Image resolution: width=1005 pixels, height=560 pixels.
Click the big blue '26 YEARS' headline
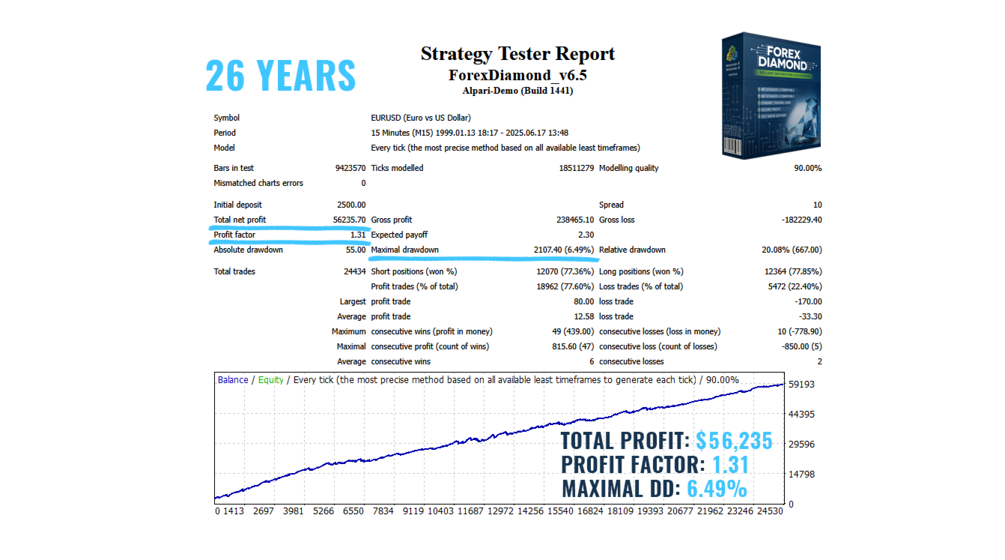280,75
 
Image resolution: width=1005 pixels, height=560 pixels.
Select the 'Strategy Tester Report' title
517,54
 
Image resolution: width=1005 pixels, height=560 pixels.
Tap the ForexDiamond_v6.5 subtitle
517,76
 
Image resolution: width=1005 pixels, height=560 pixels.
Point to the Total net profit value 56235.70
349,220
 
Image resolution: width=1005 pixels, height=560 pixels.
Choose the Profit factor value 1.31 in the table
357,235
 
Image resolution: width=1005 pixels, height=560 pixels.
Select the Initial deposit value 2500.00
351,205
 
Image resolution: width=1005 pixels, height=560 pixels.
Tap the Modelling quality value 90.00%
807,168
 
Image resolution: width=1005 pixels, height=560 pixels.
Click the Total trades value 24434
354,271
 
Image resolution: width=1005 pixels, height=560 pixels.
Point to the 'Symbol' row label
226,118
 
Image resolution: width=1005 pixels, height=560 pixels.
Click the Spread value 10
817,205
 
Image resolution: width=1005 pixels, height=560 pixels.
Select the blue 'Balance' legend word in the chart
233,380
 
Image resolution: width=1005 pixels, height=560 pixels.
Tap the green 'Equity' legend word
271,380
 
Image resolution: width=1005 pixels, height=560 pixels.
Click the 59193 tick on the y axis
801,385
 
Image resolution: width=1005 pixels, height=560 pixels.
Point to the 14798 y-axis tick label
801,474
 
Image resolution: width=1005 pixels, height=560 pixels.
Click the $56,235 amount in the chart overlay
733,441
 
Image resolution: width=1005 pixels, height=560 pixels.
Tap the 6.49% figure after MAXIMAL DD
717,489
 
